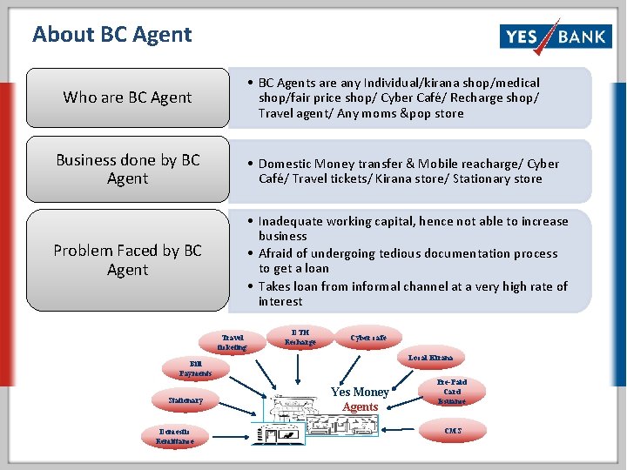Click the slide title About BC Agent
(111, 35)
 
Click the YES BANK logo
(555, 36)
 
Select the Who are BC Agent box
(127, 97)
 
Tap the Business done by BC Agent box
(127, 170)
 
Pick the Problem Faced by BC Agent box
(127, 260)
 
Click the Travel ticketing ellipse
(233, 342)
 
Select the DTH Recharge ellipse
(300, 336)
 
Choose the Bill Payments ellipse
(195, 368)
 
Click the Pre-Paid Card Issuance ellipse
(452, 392)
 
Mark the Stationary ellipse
(185, 400)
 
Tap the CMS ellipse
(453, 431)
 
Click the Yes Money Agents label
(360, 399)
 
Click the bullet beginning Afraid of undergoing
(408, 261)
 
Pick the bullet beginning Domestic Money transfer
(408, 171)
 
